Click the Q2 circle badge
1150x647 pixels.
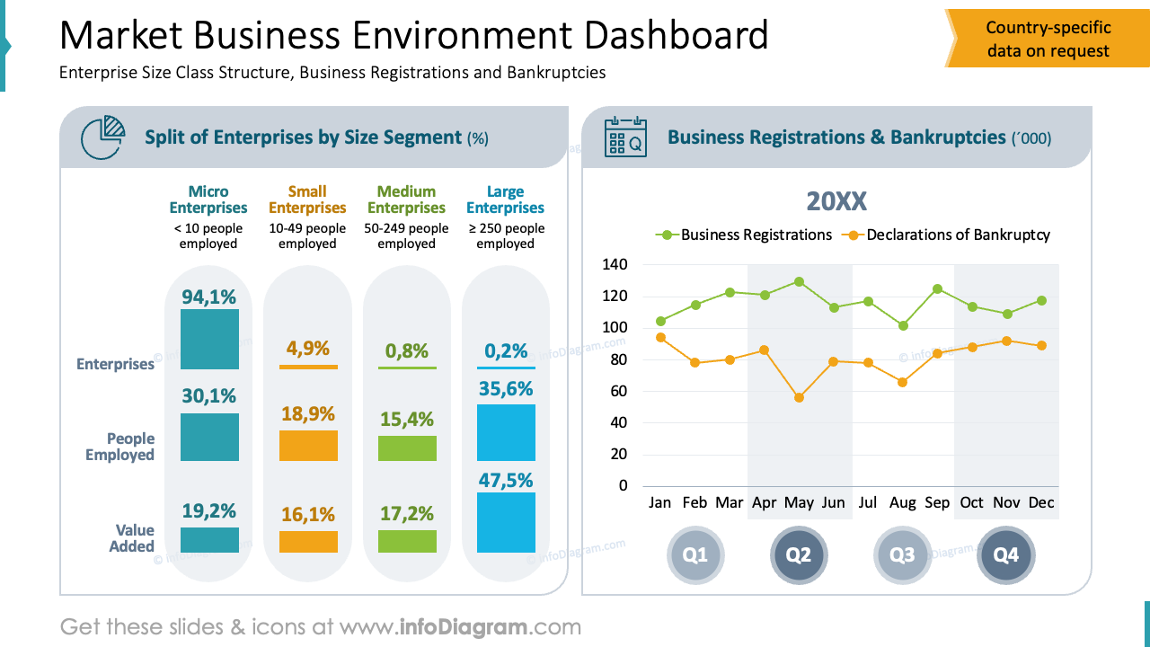coord(799,554)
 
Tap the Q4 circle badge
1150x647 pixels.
coord(1005,554)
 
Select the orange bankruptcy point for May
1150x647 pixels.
coord(799,397)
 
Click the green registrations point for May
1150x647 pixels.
coord(799,282)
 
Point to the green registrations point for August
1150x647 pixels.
coord(903,325)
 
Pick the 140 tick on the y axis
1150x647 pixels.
coord(615,264)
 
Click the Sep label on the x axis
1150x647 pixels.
coord(937,502)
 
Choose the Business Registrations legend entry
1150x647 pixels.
coord(743,235)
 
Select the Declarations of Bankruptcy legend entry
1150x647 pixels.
coord(946,235)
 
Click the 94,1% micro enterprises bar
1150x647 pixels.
coord(209,339)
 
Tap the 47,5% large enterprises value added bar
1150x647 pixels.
coord(506,523)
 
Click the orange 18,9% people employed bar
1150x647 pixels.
coord(308,446)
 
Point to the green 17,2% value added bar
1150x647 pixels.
coord(407,541)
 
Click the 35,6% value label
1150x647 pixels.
coord(506,389)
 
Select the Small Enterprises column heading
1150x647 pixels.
coord(307,199)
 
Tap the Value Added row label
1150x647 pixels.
coord(131,537)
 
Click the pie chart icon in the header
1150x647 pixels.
coord(102,137)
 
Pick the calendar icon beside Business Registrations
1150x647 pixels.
coord(625,137)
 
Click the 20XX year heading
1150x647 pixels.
coord(836,201)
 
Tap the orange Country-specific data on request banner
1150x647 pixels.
coord(1048,39)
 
